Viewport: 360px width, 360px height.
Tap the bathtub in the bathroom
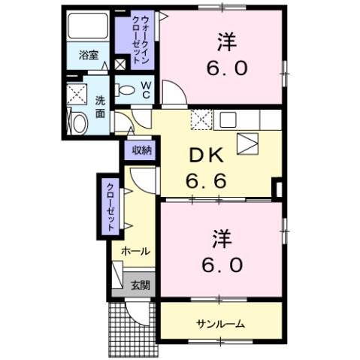(x=89, y=29)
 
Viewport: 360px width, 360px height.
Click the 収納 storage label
(x=142, y=150)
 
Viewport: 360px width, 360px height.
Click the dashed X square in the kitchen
(x=201, y=119)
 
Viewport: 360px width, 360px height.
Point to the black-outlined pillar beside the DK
(x=277, y=188)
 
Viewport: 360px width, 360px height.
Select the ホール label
(x=135, y=251)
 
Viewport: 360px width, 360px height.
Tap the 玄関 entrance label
(x=140, y=285)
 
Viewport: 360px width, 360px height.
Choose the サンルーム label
(x=220, y=323)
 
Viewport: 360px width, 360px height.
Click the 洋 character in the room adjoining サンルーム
(x=221, y=238)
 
